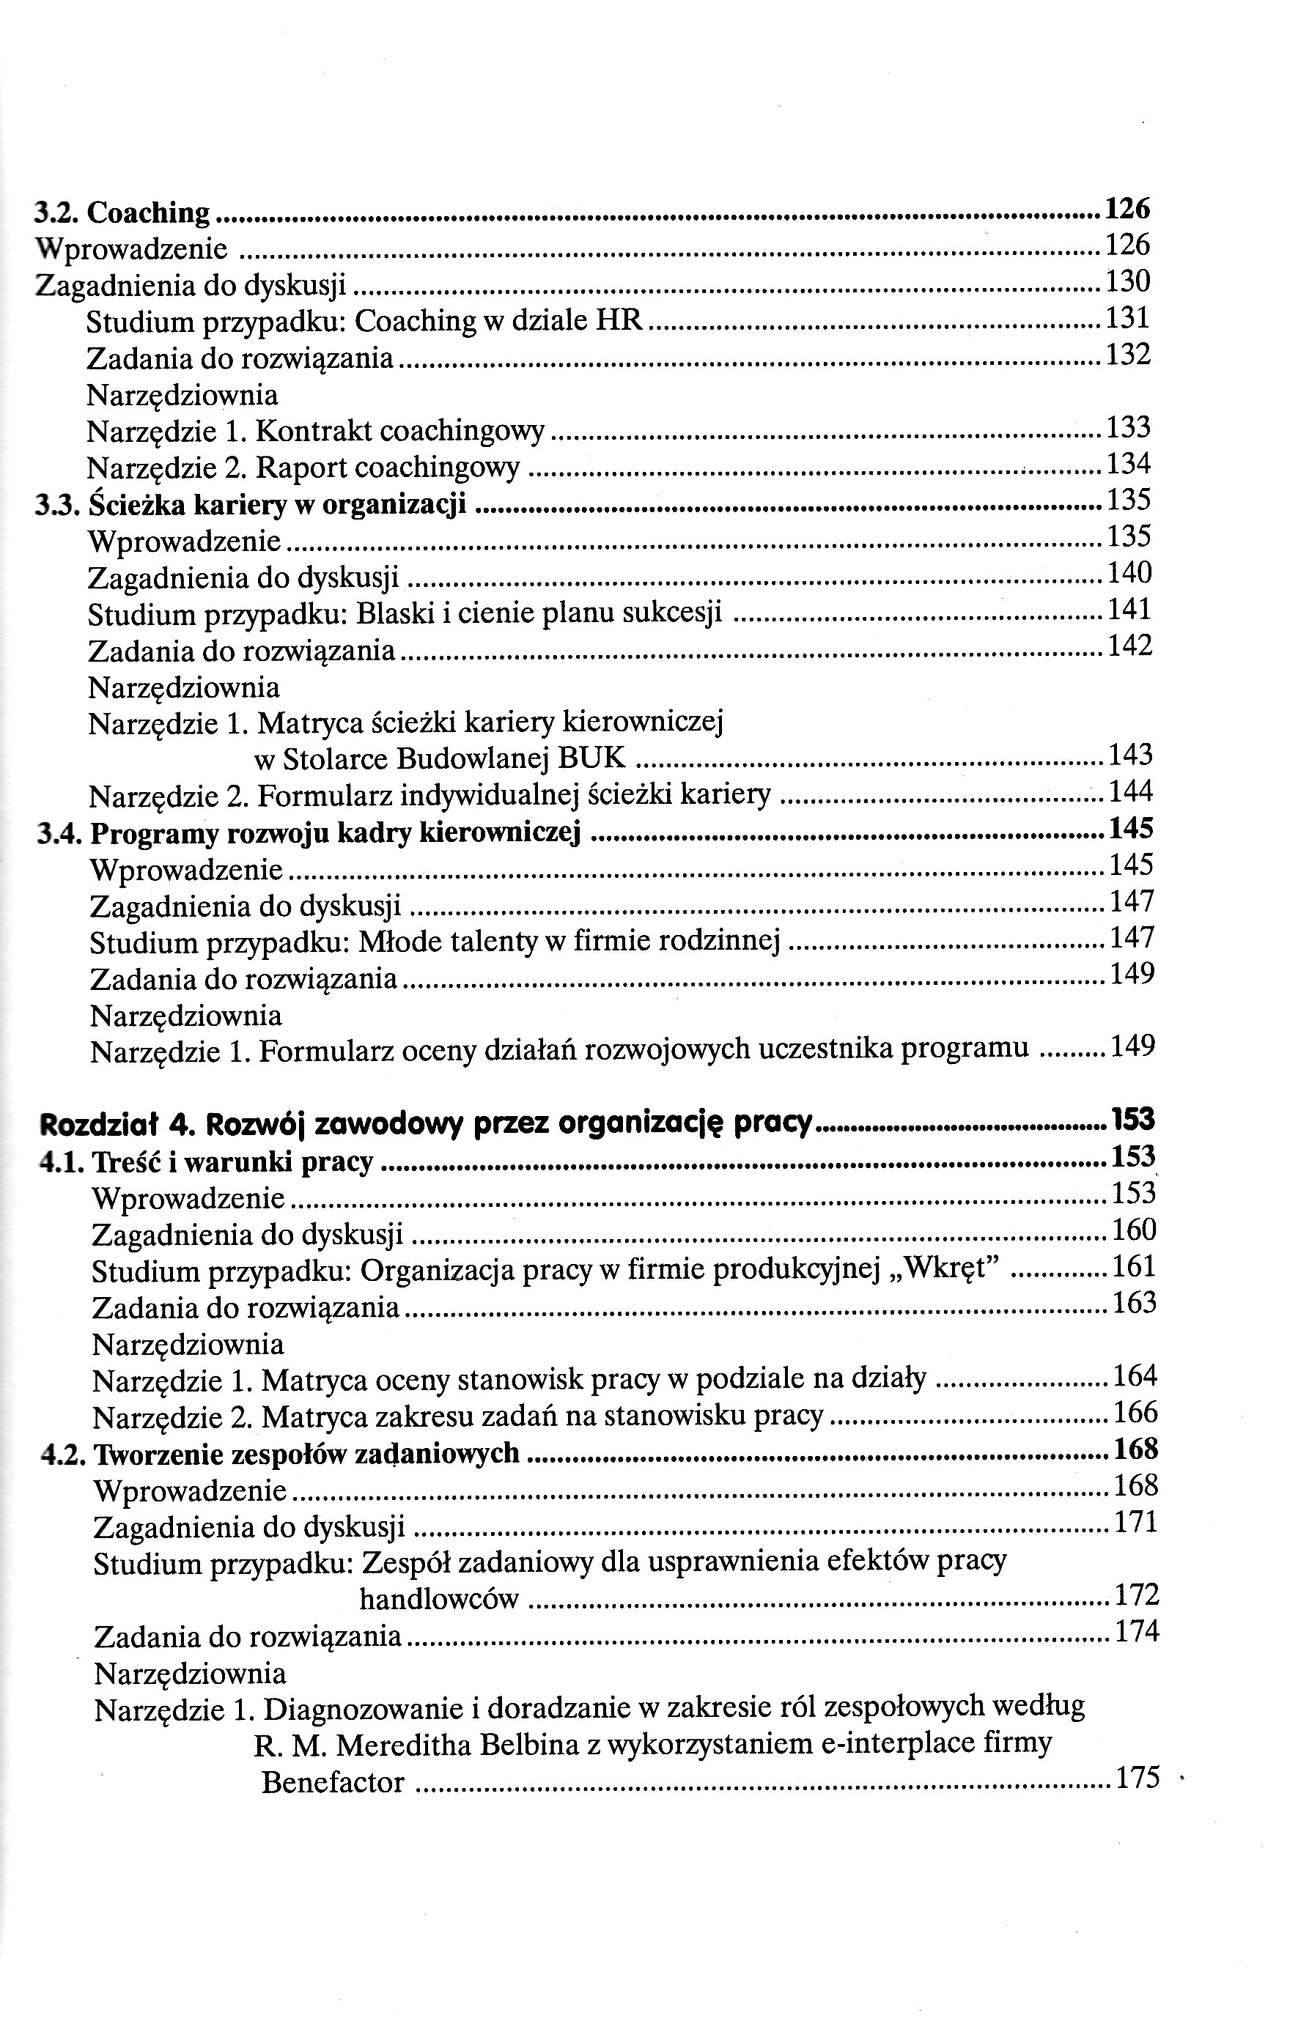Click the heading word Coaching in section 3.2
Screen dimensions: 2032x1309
point(148,213)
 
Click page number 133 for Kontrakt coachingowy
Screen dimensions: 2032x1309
point(1128,427)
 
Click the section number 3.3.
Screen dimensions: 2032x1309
point(57,506)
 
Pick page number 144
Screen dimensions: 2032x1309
point(1130,792)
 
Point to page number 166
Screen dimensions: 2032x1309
point(1135,1413)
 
